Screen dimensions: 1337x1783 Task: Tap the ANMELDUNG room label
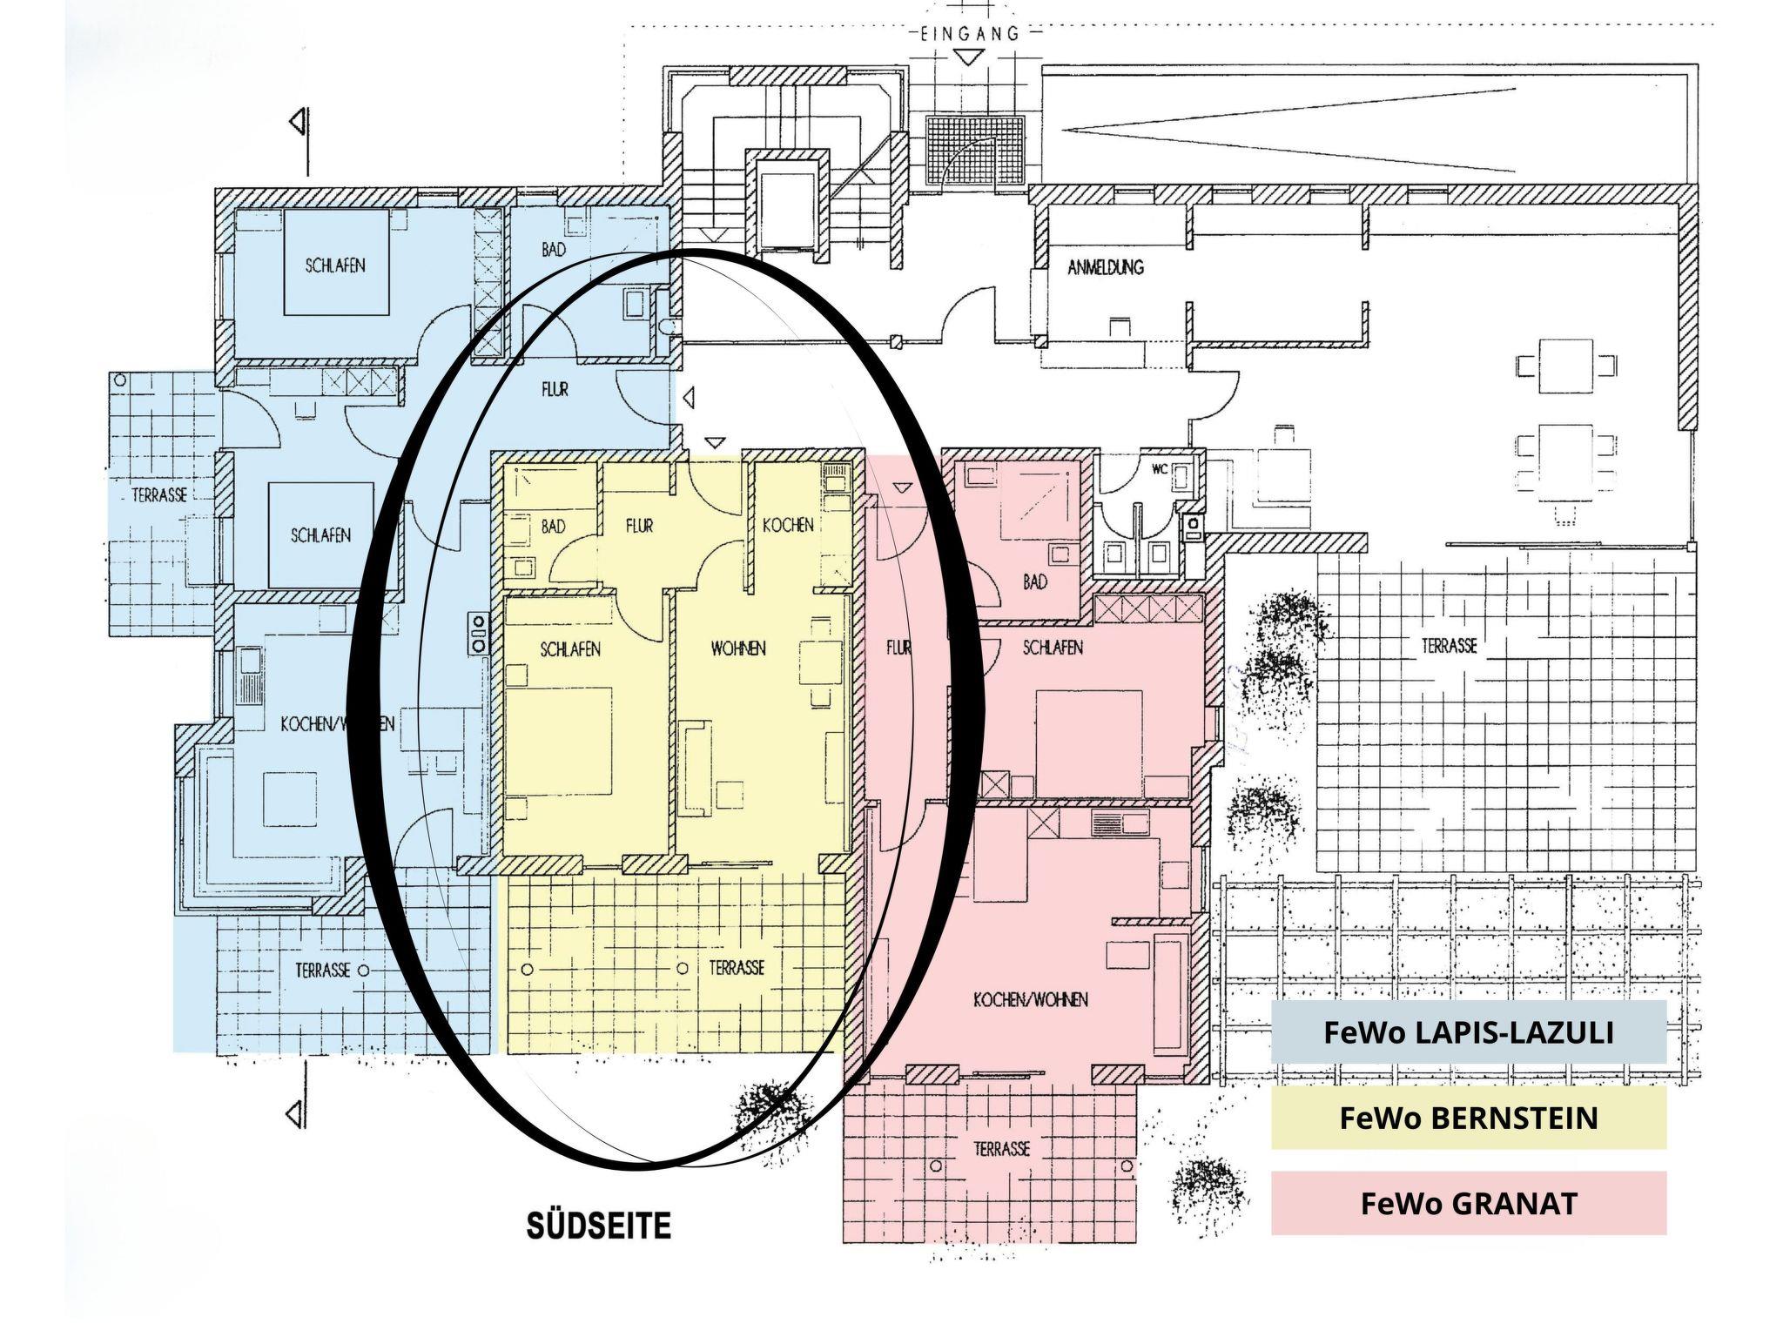[x=1106, y=267]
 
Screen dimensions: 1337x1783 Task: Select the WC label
[x=1159, y=469]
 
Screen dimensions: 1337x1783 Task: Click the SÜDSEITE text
[x=598, y=1226]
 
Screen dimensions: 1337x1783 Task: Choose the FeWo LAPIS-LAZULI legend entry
[x=1468, y=1032]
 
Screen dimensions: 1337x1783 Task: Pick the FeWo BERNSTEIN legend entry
[x=1468, y=1118]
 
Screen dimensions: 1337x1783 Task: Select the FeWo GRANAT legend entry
[x=1468, y=1204]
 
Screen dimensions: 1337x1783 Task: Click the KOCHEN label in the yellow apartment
[x=788, y=525]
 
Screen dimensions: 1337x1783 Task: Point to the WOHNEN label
[x=738, y=648]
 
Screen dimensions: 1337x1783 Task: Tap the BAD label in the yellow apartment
[x=553, y=527]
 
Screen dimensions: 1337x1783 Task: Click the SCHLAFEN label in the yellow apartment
[x=570, y=650]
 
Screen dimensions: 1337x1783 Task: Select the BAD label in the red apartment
[x=1034, y=581]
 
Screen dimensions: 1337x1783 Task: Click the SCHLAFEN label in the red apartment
[x=1053, y=648]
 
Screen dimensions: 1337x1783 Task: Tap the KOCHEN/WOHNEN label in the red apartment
[x=1031, y=1001]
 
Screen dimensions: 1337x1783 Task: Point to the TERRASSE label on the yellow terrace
[x=737, y=968]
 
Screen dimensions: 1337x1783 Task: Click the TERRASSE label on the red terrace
[x=1002, y=1149]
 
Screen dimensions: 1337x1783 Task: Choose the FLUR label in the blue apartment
[x=555, y=389]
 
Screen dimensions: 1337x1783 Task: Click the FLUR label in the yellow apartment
[x=639, y=526]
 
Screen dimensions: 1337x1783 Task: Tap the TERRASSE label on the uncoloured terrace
[x=1450, y=646]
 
